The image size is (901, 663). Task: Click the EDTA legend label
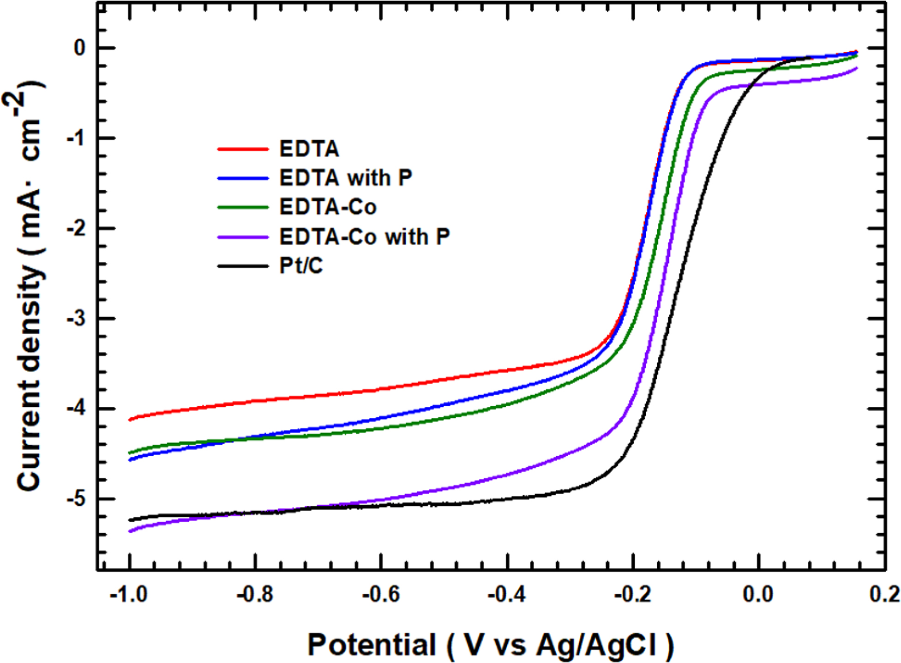(x=309, y=149)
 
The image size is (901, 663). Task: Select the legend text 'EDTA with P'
(x=345, y=178)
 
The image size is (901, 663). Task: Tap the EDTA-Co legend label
(x=328, y=207)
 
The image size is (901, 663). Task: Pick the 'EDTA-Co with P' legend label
(x=364, y=237)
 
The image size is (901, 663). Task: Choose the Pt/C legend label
(x=301, y=266)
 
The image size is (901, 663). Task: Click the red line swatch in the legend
(x=243, y=149)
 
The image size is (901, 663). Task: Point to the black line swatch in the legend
(x=243, y=266)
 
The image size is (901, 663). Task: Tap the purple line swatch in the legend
(x=243, y=237)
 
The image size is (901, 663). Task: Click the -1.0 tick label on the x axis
(x=129, y=594)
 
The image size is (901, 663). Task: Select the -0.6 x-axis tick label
(x=381, y=594)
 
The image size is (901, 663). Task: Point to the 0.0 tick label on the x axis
(x=758, y=594)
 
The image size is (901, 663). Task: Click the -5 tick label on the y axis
(x=77, y=499)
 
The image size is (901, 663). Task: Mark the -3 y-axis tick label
(x=77, y=319)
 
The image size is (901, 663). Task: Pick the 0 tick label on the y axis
(x=80, y=48)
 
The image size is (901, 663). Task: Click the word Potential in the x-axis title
(x=372, y=645)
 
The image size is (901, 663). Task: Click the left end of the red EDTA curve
(x=131, y=420)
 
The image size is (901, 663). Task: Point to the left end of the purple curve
(x=131, y=531)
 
